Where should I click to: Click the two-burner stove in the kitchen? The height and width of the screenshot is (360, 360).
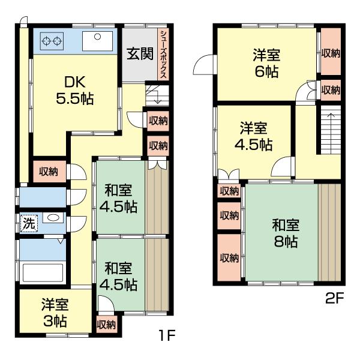tap(51, 41)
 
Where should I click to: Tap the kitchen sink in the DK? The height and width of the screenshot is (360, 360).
tap(95, 42)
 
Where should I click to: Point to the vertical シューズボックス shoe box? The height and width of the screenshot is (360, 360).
tap(163, 55)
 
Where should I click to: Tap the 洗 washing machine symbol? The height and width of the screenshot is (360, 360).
tap(28, 223)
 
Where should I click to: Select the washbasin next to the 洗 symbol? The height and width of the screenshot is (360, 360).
tap(52, 218)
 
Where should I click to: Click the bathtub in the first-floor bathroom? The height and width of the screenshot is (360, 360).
tap(43, 273)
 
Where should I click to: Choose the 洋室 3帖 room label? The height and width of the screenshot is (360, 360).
tap(55, 312)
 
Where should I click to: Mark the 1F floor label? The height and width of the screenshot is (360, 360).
tap(166, 334)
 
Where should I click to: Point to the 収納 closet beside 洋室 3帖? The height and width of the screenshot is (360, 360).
tap(106, 325)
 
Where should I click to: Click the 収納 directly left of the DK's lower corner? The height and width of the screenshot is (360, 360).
tap(49, 172)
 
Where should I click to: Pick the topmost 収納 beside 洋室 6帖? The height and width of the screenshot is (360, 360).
tap(329, 53)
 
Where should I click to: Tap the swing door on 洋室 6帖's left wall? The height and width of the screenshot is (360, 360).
tap(204, 63)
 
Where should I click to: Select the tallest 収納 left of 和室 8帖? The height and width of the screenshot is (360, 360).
tap(229, 258)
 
